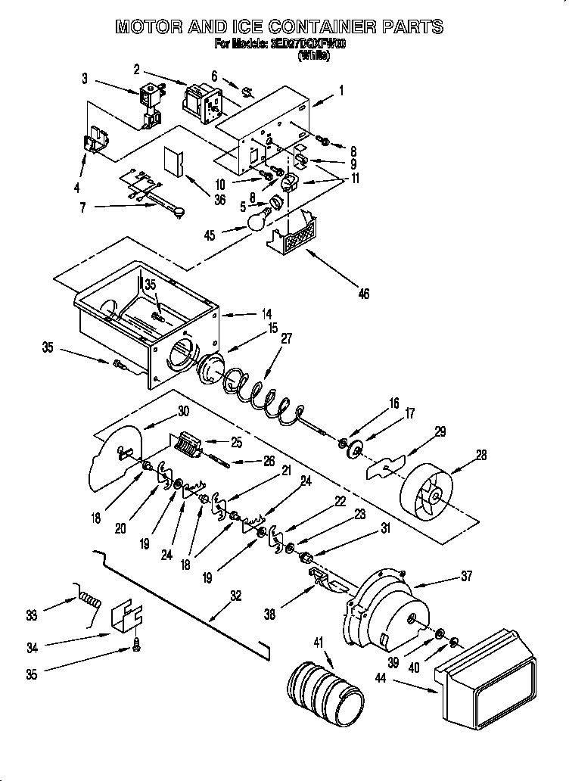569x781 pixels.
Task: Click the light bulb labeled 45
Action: tap(259, 220)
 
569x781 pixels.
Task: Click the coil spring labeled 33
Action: tap(88, 601)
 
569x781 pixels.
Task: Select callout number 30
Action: tap(182, 412)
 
